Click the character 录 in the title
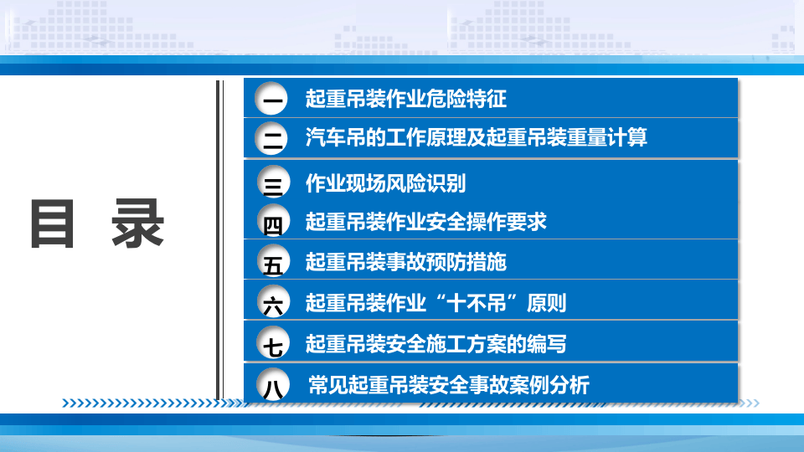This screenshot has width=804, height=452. [138, 223]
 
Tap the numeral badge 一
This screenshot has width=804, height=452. [272, 100]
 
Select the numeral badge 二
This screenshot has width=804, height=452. [272, 138]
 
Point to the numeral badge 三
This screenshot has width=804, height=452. [272, 185]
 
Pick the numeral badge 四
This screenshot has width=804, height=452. [272, 224]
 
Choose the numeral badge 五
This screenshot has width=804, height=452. [272, 264]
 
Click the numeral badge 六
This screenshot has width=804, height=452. [272, 304]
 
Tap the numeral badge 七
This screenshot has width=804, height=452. [272, 344]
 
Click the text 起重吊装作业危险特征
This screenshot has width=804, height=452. [406, 99]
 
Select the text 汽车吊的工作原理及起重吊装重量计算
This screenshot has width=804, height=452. [477, 137]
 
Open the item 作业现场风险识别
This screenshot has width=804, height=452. [385, 182]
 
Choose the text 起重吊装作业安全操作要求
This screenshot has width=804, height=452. [426, 222]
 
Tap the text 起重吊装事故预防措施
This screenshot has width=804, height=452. [406, 262]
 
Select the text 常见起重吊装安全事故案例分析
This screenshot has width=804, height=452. [449, 385]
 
